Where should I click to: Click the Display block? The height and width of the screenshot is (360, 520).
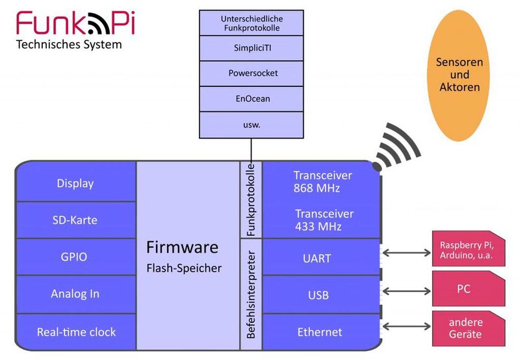click(75, 183)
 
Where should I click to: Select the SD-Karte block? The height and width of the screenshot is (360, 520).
click(75, 220)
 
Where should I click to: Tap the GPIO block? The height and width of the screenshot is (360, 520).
click(75, 257)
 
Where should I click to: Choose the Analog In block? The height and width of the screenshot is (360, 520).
click(75, 294)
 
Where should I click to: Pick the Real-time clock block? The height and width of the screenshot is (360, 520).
click(75, 331)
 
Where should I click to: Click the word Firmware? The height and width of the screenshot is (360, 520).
click(182, 248)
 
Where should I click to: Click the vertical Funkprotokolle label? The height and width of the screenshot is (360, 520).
click(250, 199)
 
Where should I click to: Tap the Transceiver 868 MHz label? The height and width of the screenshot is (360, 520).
click(322, 182)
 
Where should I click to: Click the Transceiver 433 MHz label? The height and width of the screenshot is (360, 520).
click(324, 220)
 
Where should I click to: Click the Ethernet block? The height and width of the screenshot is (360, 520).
click(319, 332)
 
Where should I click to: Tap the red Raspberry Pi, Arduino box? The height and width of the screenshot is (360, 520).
click(466, 250)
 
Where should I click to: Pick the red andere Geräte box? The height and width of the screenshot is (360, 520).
click(465, 328)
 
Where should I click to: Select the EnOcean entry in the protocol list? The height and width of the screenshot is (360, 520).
click(252, 99)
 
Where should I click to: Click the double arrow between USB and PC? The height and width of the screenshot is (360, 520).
click(405, 290)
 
